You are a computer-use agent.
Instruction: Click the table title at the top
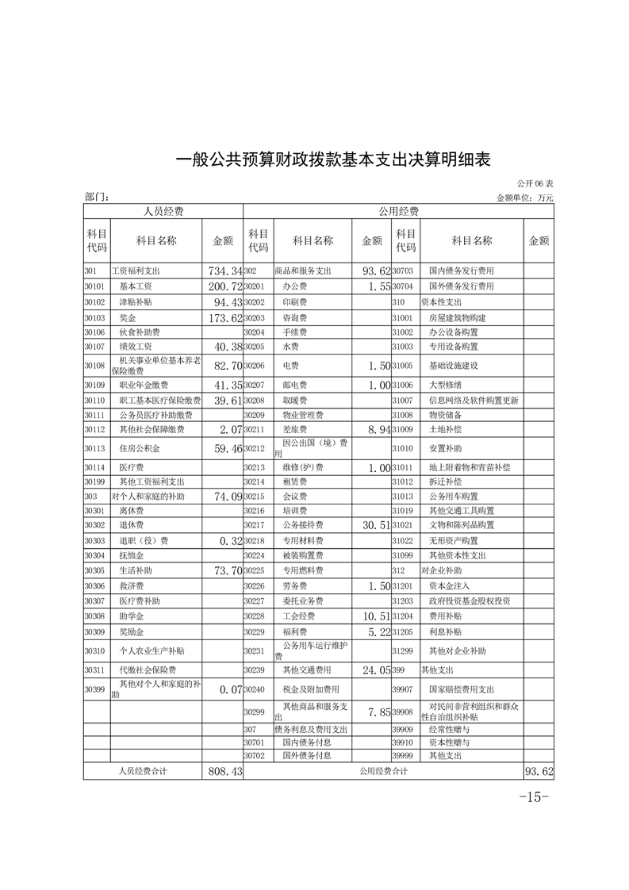[333, 159]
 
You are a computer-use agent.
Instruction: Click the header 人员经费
[163, 212]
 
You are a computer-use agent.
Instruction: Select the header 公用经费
[398, 212]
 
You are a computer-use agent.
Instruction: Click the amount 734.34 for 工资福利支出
[223, 271]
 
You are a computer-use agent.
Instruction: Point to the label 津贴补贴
[135, 302]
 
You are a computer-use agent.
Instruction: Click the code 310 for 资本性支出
[398, 302]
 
